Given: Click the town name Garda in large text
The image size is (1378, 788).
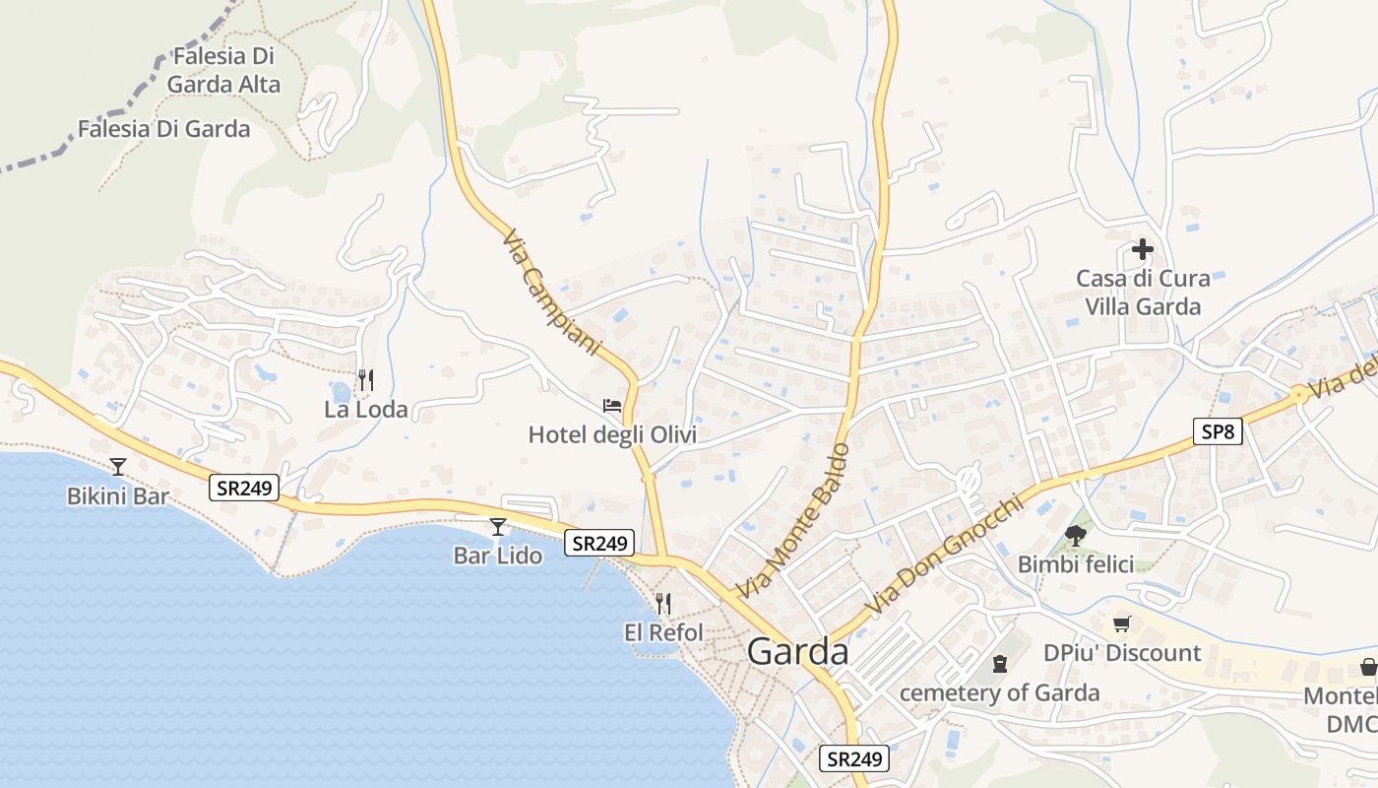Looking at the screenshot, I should pos(797,652).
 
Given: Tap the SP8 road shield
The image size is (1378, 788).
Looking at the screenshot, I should pos(1219,430).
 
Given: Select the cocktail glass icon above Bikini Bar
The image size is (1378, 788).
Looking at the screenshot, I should pos(118,466).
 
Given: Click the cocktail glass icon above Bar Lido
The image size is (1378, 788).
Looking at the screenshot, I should pos(497,527).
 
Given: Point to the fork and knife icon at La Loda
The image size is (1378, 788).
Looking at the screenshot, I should pos(365,379).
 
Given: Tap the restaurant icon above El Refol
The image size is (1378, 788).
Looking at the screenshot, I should pos(663,603).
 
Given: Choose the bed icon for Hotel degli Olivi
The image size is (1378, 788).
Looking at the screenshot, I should pos(612,406).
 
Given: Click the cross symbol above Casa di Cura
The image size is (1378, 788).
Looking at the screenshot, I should pos(1142,249).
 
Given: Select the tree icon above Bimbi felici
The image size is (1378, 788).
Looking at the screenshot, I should pos(1075,536).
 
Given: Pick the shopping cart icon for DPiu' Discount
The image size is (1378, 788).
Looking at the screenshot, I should pos(1121,624).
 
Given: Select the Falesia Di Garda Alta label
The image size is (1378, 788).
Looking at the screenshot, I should pos(223,70).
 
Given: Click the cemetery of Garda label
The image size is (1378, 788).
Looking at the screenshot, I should pos(999,692).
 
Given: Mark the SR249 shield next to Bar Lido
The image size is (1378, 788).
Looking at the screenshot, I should pos(599,543).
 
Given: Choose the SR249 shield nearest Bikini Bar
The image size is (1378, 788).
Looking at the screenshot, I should pos(244,487).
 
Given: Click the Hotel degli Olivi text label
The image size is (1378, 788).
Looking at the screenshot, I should pos(612,434).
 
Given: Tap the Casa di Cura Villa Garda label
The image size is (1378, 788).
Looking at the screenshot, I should pos(1143,293).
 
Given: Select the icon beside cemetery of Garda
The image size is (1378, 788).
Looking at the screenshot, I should pos(1000,664).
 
